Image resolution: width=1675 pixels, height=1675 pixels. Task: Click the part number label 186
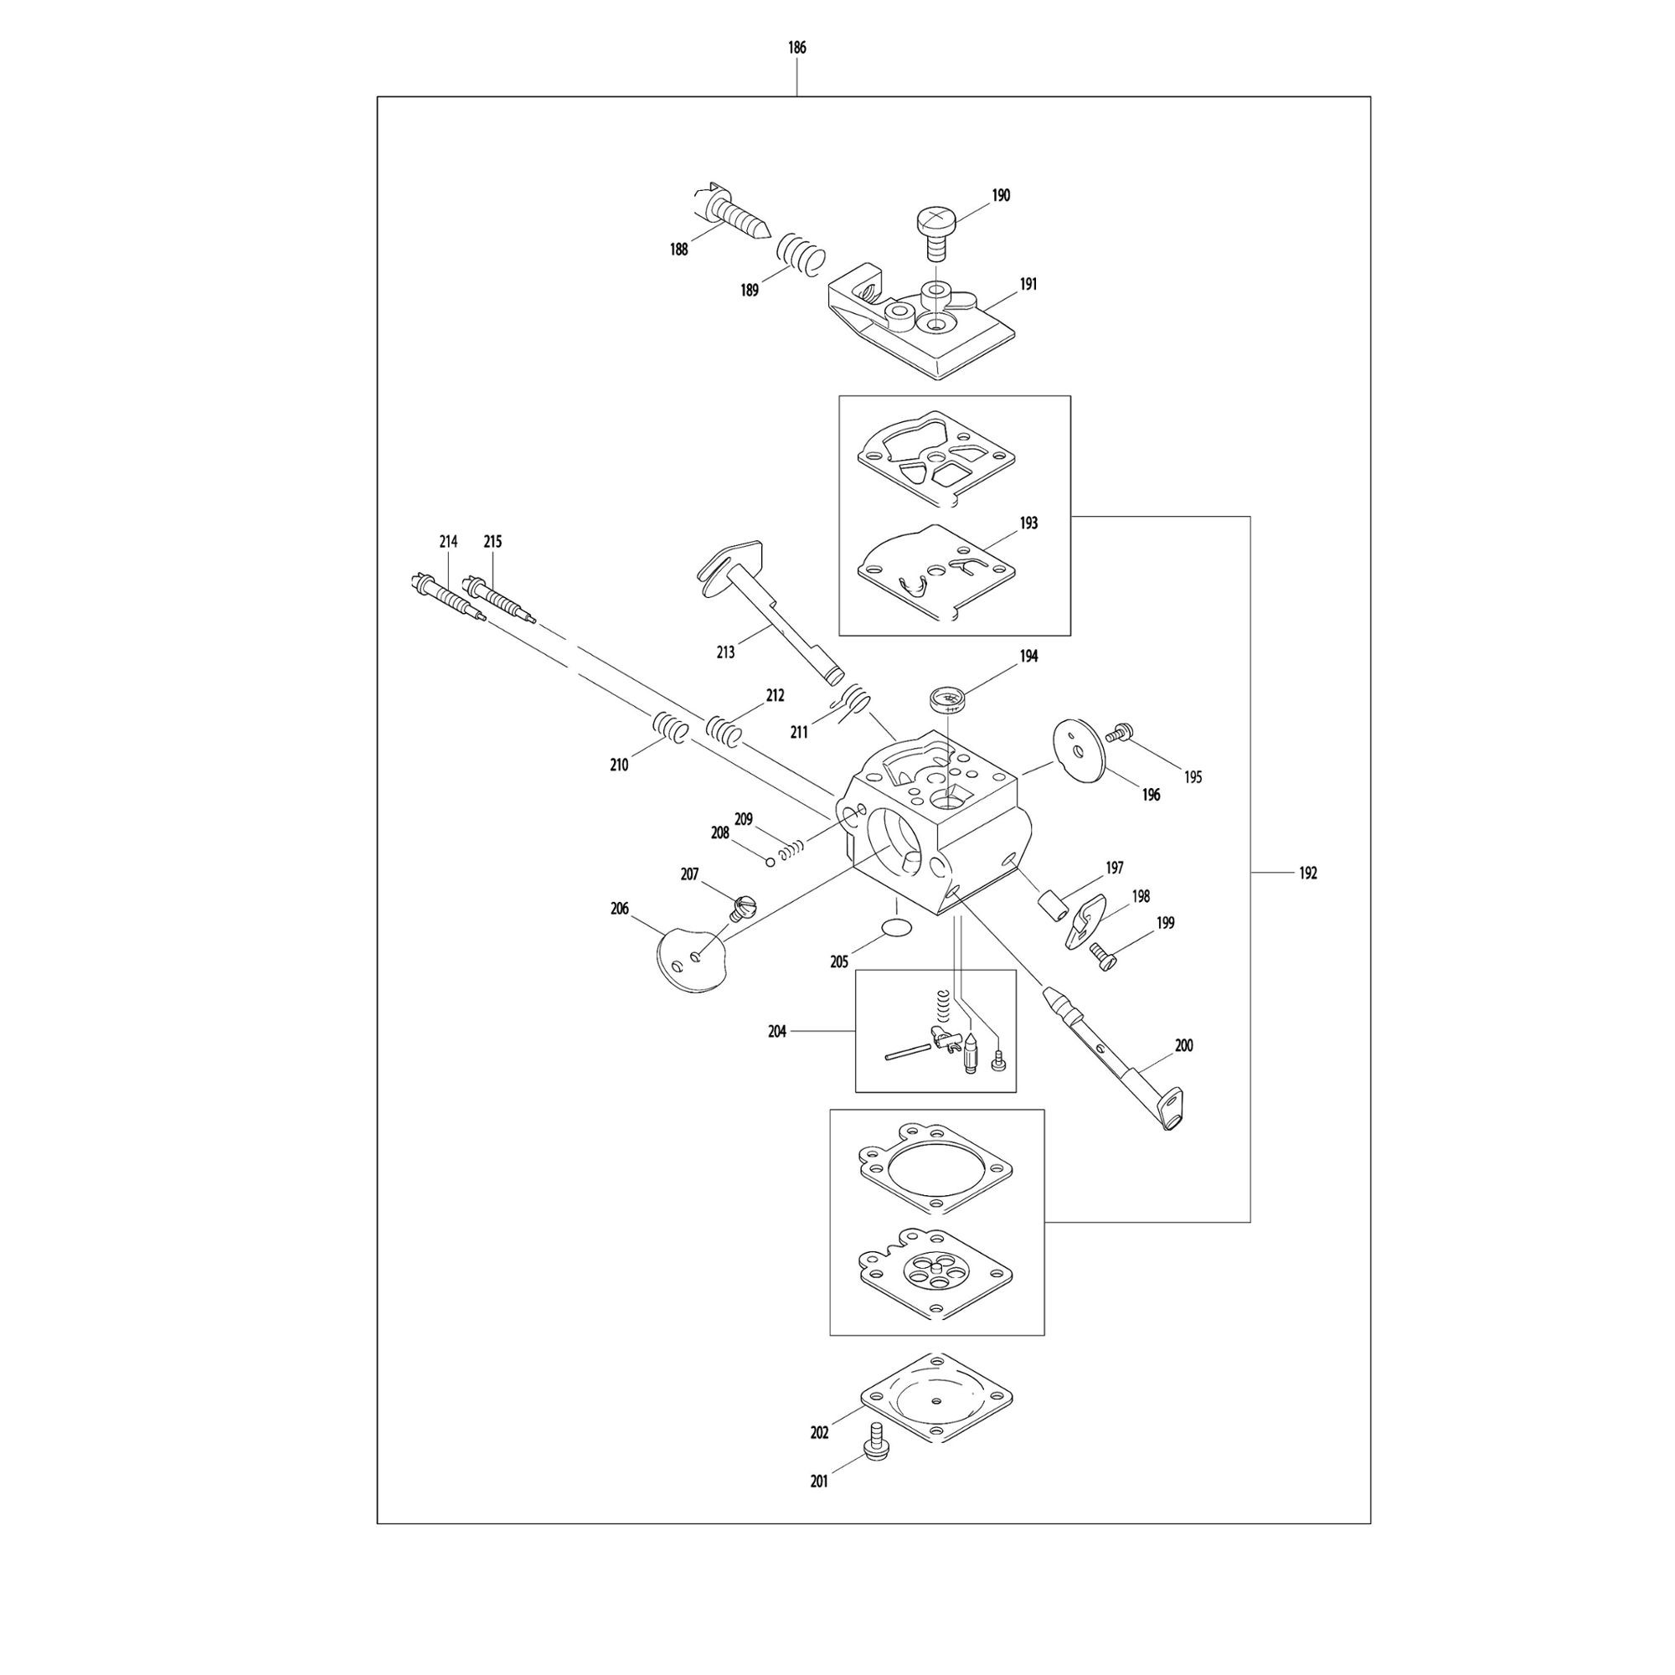click(x=796, y=48)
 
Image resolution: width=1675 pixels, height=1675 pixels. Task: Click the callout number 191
click(x=1028, y=284)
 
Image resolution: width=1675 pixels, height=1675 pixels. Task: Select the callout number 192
click(x=1307, y=873)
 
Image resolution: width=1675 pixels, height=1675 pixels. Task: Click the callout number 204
click(x=777, y=1031)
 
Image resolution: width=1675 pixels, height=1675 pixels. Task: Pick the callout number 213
click(x=725, y=651)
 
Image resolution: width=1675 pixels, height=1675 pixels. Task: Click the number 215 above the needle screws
click(x=492, y=541)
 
